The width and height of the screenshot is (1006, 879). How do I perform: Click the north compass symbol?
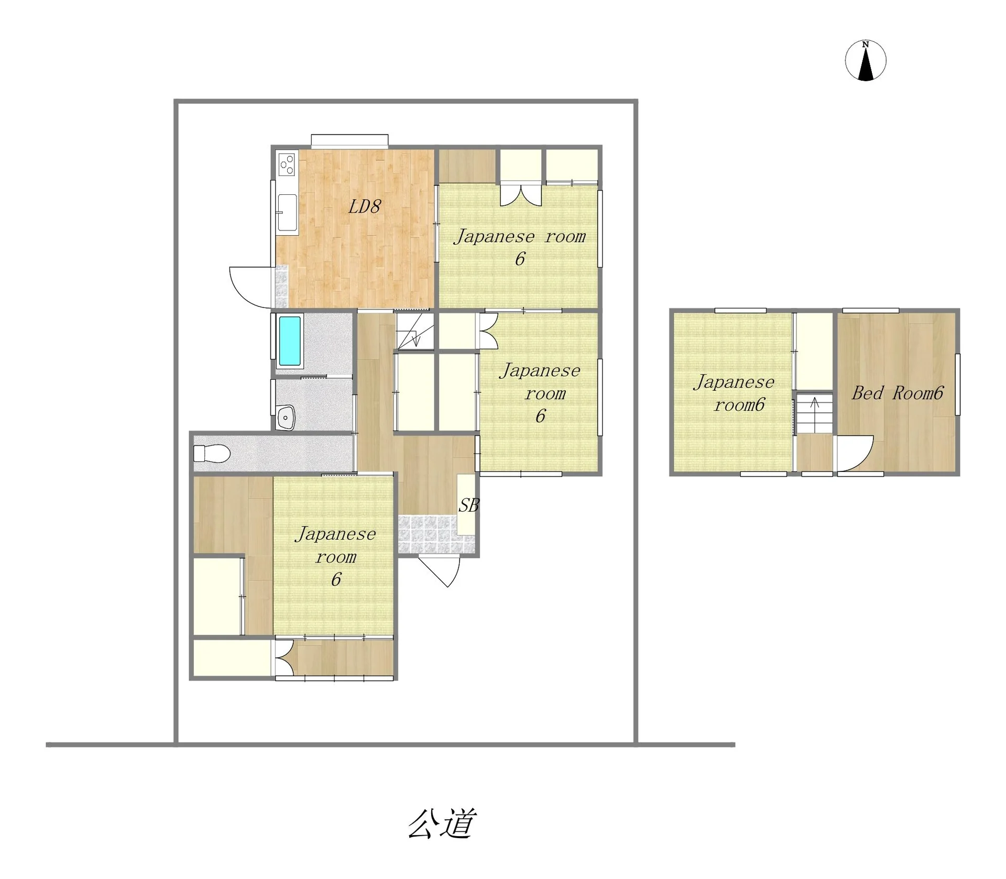[866, 60]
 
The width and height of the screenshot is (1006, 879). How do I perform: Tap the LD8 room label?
[364, 206]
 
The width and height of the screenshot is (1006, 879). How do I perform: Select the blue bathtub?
[290, 340]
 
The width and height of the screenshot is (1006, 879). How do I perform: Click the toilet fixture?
[212, 453]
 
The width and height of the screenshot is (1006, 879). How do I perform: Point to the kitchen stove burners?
[287, 164]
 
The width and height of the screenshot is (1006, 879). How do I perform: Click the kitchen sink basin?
[287, 212]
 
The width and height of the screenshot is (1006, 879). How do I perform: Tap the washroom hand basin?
[286, 417]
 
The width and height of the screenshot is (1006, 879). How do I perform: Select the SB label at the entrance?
[469, 506]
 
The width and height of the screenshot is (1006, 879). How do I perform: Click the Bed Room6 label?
[897, 393]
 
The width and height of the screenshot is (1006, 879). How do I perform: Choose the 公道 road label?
[442, 823]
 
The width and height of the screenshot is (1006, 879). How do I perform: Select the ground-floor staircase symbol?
[415, 331]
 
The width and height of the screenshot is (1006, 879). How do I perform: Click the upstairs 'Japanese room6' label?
[734, 393]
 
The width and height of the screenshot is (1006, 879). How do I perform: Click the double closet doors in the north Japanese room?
[520, 194]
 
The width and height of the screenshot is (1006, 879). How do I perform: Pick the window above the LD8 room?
[349, 140]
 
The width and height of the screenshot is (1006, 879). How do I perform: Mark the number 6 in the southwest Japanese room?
[336, 579]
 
